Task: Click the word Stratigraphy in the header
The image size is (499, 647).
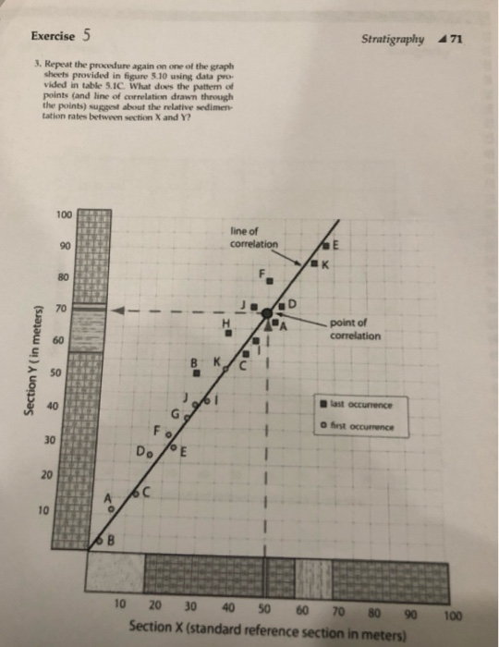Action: tap(395, 40)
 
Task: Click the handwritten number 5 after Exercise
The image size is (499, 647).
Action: tap(86, 37)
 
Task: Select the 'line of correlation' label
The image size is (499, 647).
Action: tap(252, 238)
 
